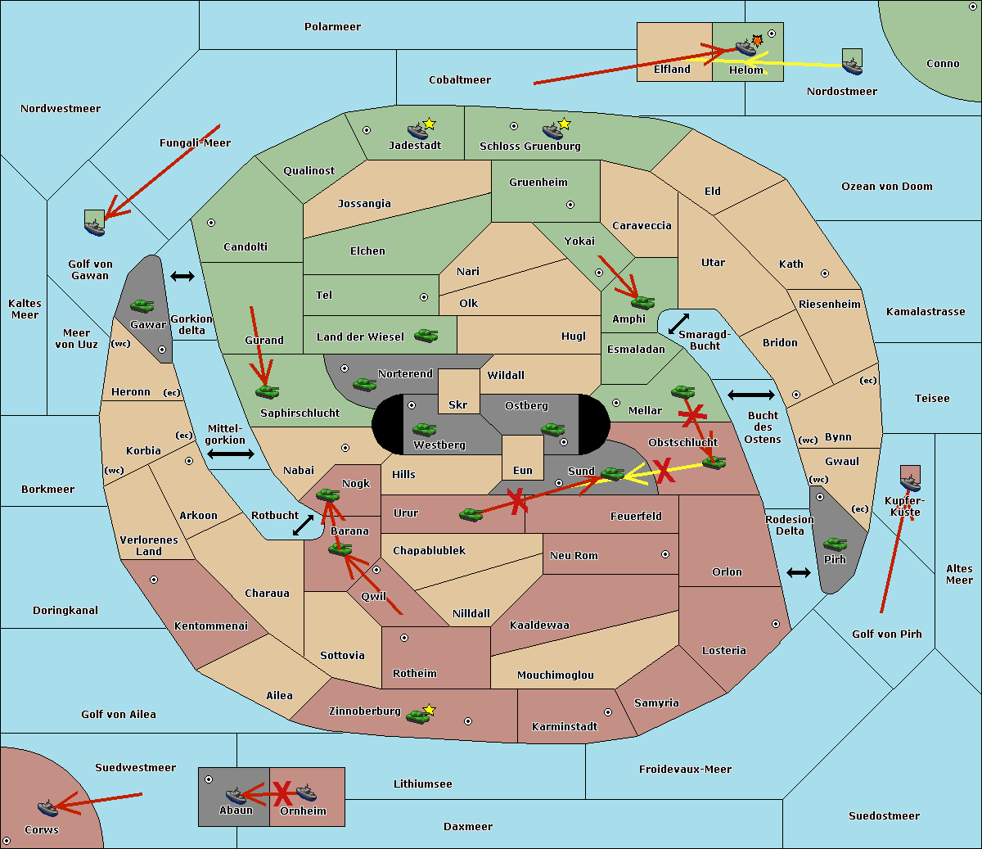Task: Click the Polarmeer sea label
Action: (332, 27)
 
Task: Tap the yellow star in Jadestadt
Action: (429, 124)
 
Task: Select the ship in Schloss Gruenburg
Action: (552, 131)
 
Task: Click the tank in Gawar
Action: (142, 305)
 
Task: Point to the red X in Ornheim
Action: (282, 793)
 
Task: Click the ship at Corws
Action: (47, 808)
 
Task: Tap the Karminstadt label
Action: (565, 727)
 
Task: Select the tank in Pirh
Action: (835, 544)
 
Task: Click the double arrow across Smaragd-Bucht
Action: (679, 323)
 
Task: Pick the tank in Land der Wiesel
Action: (426, 335)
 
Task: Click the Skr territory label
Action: (458, 404)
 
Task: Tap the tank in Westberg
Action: (424, 429)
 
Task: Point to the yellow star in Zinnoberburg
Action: (430, 710)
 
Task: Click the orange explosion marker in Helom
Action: (758, 40)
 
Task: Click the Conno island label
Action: (943, 64)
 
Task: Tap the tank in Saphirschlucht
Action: (267, 391)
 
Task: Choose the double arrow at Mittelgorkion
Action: (230, 454)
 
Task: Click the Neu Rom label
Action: (574, 556)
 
